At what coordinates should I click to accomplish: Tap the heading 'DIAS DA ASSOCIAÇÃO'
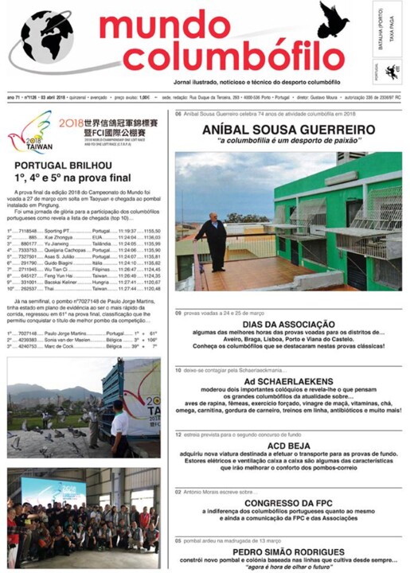pos(288,325)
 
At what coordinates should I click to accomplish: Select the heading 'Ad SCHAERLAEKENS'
pos(288,380)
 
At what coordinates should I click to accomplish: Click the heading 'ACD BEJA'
pos(288,448)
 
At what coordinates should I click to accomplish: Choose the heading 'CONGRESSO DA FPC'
pos(288,503)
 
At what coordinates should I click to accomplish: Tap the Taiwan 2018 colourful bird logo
pos(29,131)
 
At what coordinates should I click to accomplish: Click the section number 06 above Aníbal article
pos(178,114)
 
